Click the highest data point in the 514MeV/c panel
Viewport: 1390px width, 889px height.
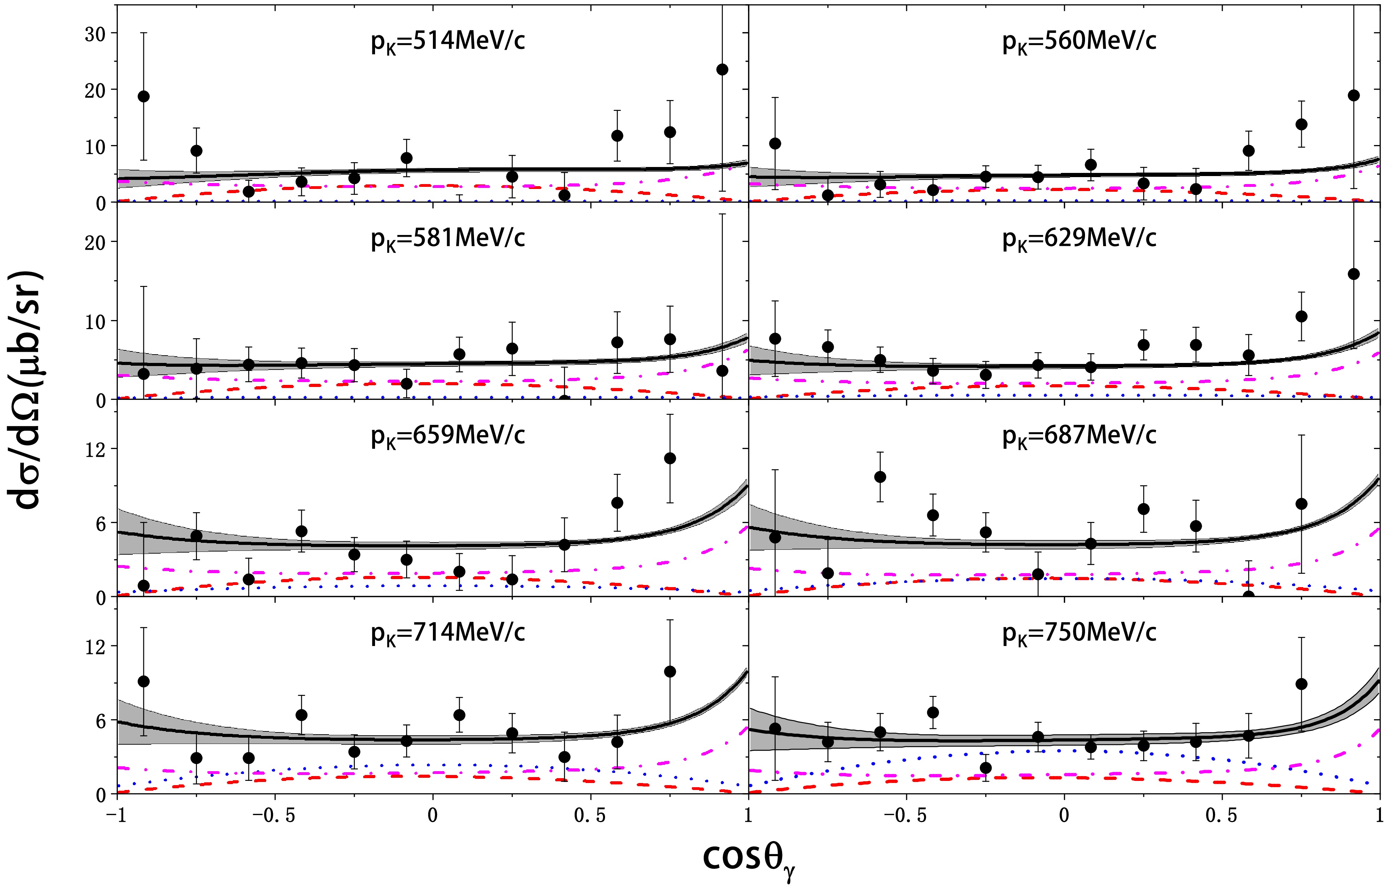[x=722, y=70]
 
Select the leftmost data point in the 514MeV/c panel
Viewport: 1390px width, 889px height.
[x=144, y=97]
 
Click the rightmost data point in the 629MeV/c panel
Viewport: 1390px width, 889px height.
[x=1354, y=274]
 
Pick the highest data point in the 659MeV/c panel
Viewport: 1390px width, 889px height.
[x=670, y=458]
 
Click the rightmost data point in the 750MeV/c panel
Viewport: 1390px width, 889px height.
[x=1301, y=684]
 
